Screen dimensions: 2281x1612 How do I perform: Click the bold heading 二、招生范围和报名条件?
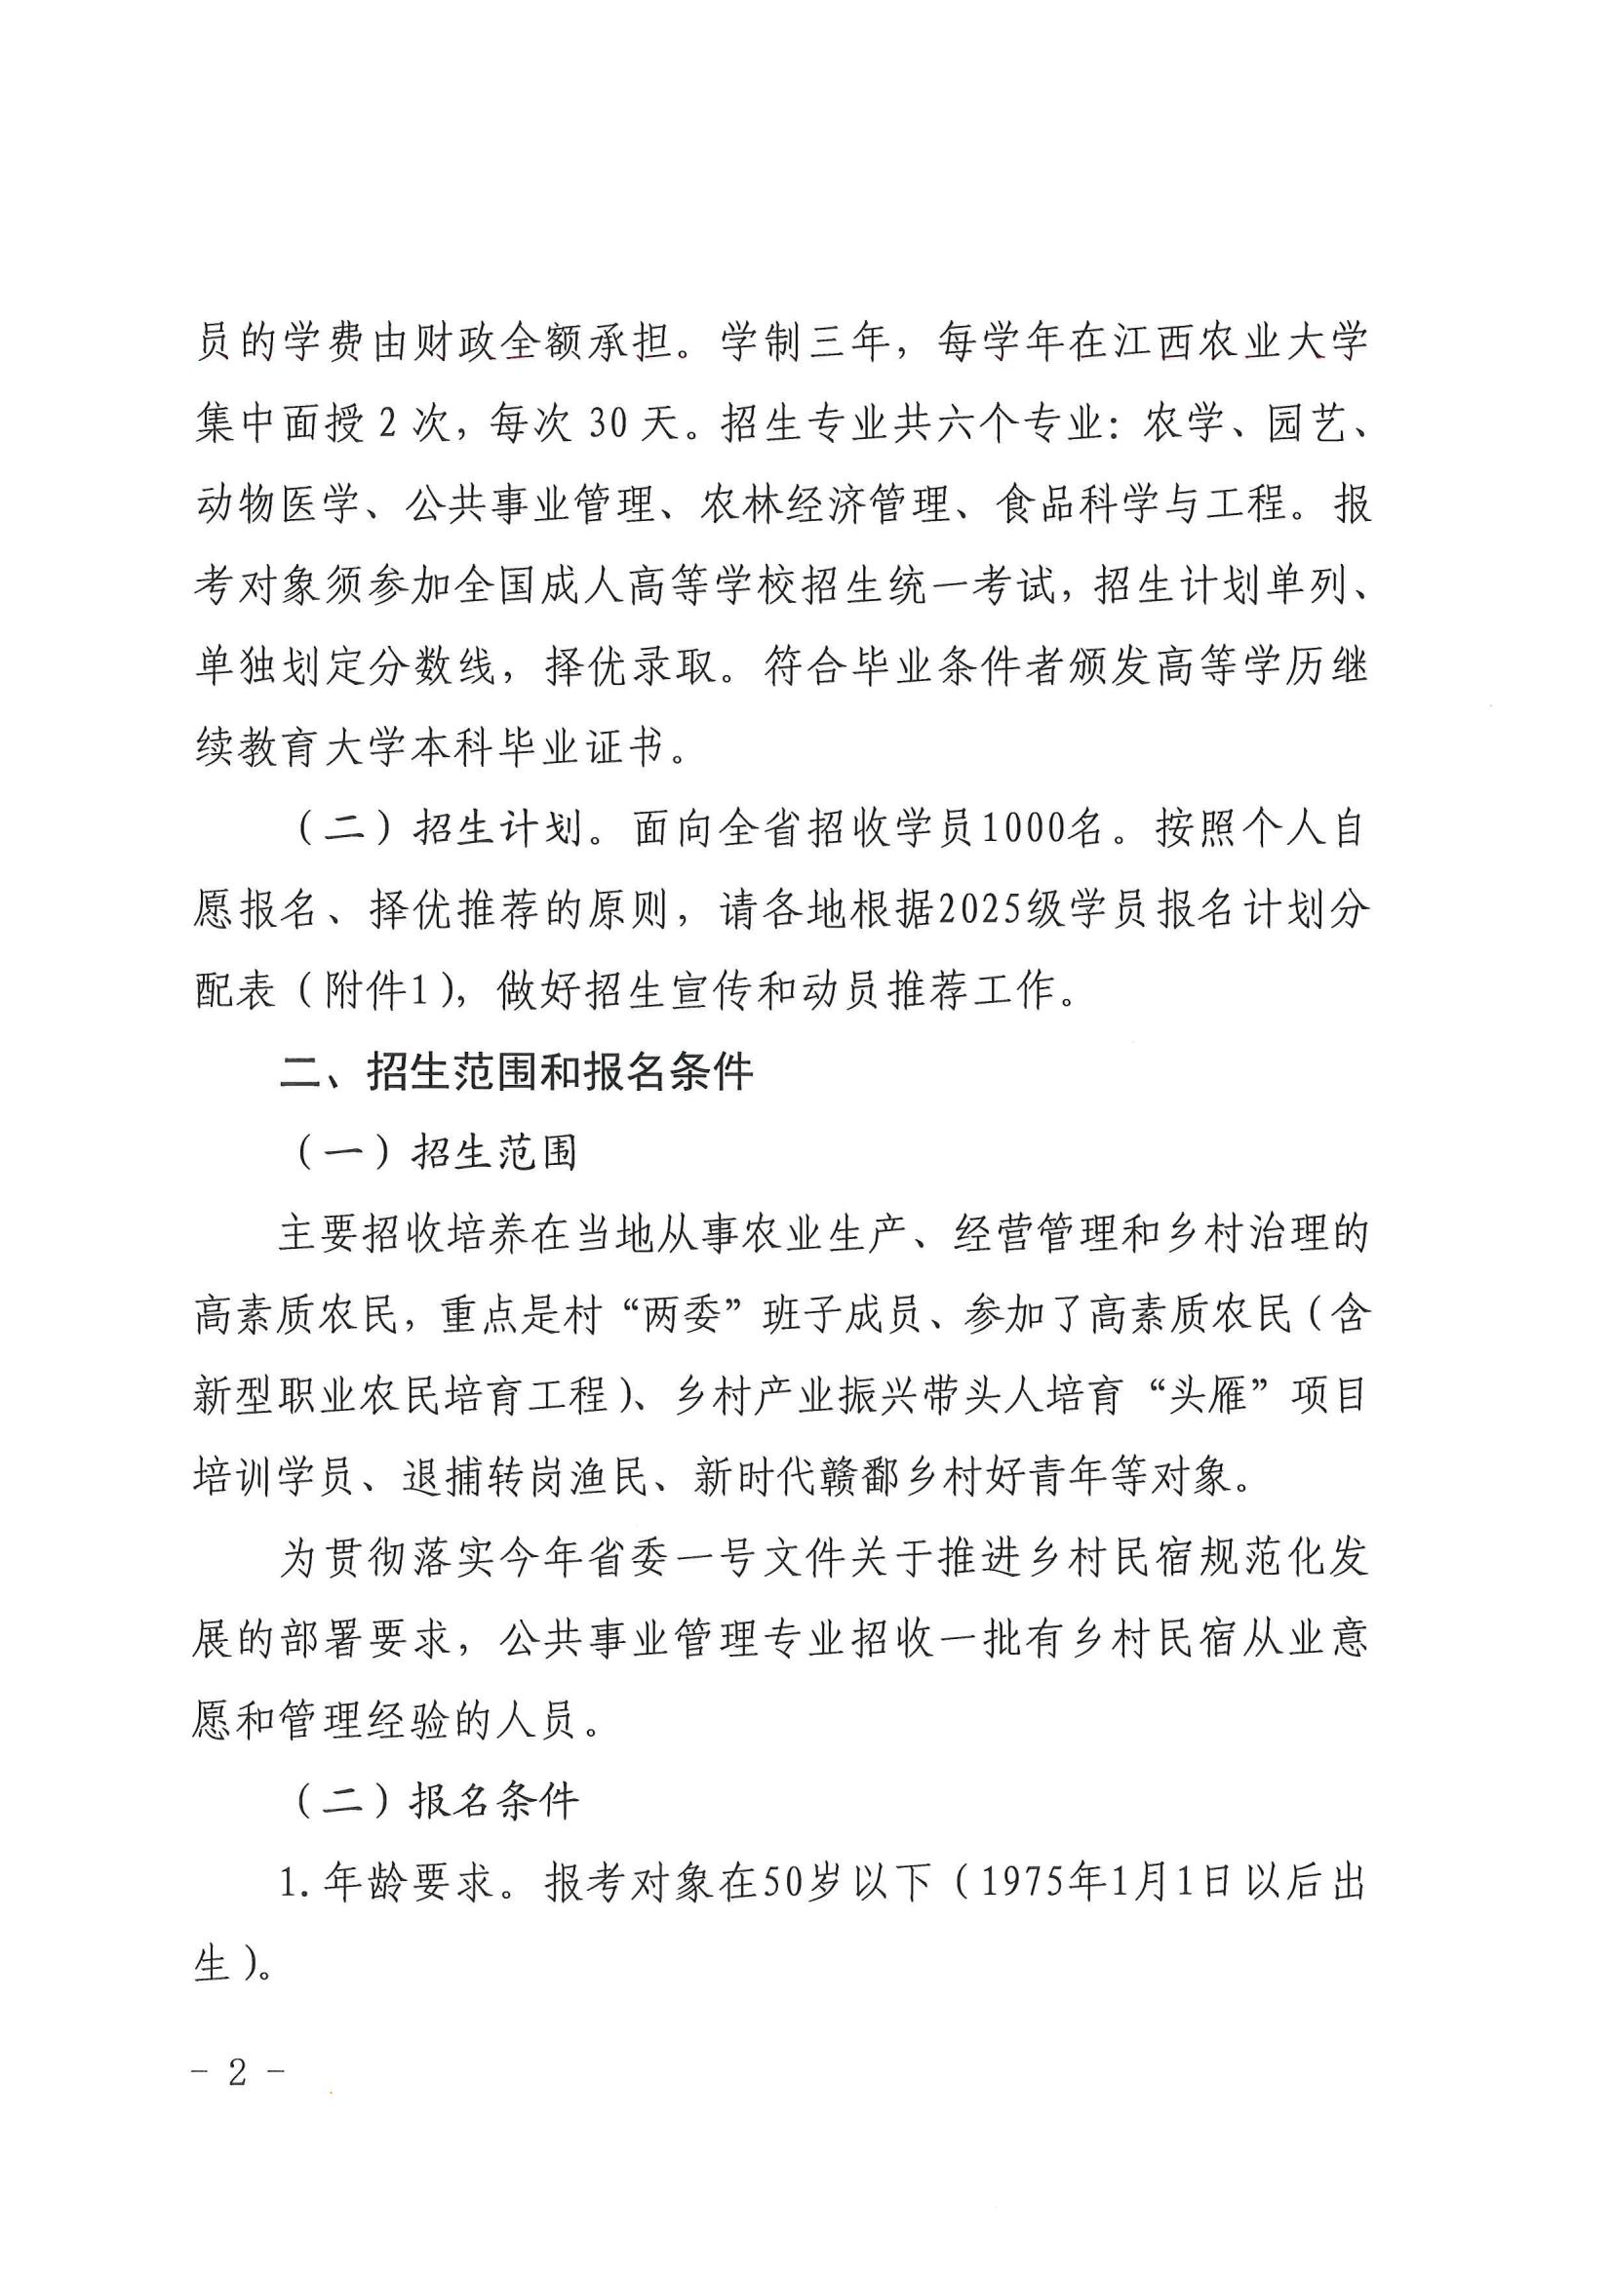coord(517,1073)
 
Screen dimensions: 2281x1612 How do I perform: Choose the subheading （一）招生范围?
coord(437,1153)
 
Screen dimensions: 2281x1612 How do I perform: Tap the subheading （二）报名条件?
coord(437,1800)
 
